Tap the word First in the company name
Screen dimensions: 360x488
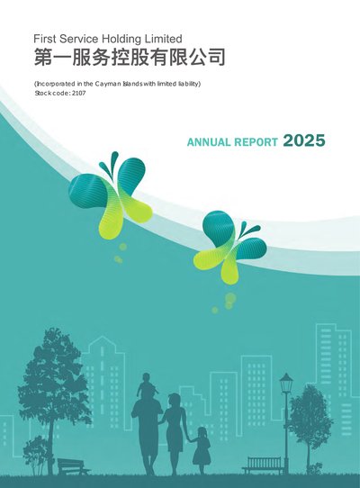45,39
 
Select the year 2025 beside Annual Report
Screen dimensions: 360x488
304,140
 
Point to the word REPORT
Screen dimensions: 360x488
256,142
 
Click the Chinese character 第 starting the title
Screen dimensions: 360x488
43,57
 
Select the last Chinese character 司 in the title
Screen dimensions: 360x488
216,57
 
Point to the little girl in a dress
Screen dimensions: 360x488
201,449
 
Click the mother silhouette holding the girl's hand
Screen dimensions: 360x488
174,432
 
